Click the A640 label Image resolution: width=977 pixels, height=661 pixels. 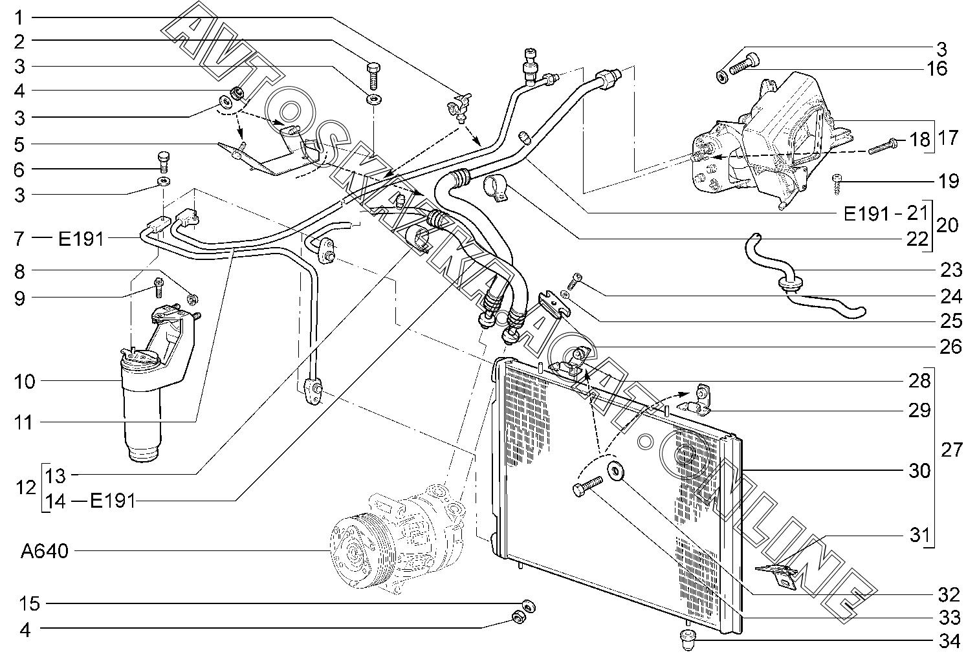(45, 552)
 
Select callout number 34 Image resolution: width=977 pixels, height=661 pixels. (949, 642)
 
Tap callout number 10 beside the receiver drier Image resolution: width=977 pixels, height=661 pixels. (25, 382)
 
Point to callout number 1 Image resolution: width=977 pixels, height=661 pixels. (19, 18)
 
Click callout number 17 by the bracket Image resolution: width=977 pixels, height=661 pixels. (947, 138)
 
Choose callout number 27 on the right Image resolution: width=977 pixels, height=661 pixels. (951, 450)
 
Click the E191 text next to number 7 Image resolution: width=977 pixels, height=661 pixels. (82, 239)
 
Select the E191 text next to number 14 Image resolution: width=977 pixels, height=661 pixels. (113, 501)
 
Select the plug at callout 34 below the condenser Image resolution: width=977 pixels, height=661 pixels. (688, 640)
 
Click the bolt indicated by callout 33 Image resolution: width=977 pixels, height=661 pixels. (587, 486)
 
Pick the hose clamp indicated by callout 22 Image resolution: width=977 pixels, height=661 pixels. (496, 188)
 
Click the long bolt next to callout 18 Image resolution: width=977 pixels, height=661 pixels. (881, 146)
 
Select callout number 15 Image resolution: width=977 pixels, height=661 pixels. (30, 604)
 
